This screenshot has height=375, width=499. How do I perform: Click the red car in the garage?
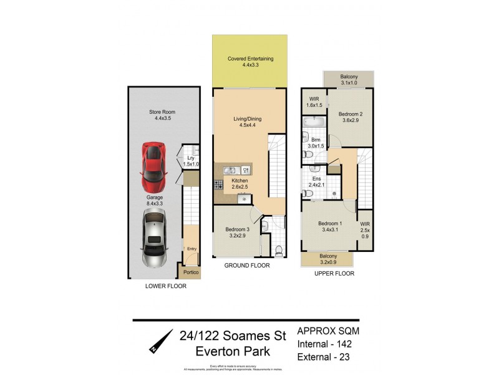153,167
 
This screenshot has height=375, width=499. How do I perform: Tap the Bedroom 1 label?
330,227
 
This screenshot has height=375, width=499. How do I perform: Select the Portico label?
191,272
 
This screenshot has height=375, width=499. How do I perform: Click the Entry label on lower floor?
191,249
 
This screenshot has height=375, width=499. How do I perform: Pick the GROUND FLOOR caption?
247,266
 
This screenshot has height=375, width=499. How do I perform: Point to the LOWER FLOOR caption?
165,286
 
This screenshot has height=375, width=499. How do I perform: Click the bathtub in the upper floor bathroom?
310,136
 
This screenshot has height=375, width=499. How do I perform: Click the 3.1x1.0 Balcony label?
349,79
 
